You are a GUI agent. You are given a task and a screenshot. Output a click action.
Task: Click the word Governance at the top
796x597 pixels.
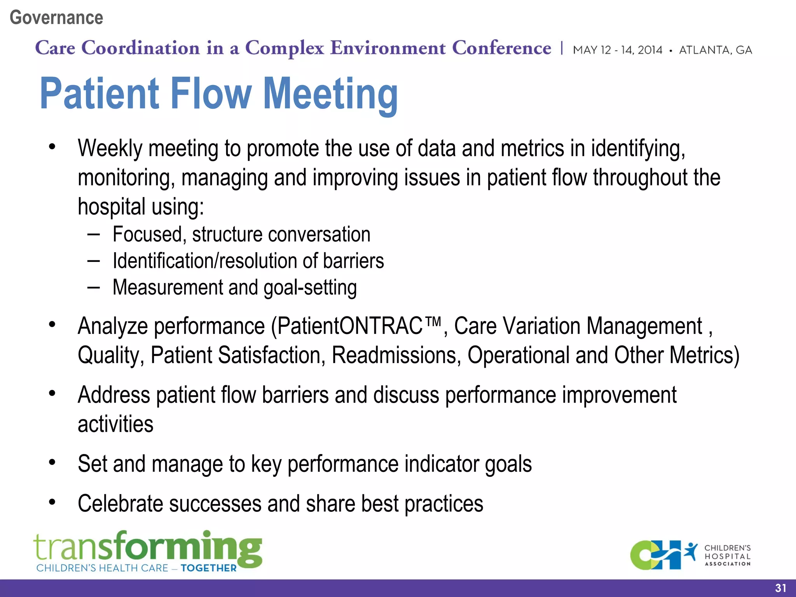coord(56,18)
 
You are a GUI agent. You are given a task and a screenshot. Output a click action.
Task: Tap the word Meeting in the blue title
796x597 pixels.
coord(330,94)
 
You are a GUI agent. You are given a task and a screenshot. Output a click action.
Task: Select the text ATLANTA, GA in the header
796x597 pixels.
coord(715,50)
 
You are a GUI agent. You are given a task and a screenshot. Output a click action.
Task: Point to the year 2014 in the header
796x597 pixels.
coord(650,50)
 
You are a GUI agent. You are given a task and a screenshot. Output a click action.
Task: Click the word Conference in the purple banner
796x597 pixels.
coord(501,48)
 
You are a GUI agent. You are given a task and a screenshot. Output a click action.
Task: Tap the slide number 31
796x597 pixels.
coord(780,588)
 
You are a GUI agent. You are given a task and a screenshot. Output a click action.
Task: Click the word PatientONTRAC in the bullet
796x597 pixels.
coord(350,326)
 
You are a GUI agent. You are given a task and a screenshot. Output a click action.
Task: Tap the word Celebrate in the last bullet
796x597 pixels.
coord(120,504)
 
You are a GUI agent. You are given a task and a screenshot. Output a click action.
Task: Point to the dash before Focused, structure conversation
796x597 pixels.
coord(93,234)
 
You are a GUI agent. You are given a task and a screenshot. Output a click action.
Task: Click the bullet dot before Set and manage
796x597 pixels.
coord(52,463)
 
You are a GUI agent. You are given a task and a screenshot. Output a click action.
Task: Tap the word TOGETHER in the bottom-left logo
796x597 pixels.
coord(208,568)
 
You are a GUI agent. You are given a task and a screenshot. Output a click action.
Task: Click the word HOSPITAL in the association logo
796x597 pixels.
coord(727,556)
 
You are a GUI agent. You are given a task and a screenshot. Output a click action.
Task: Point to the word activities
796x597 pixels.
coord(115,424)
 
